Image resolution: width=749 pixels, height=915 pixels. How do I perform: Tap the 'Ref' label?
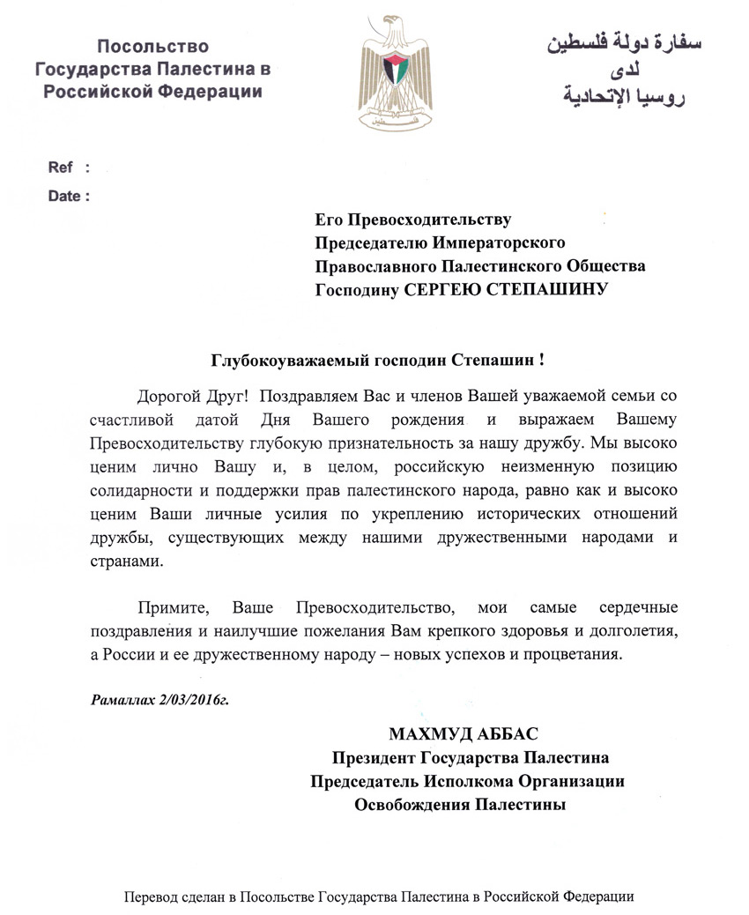click(62, 167)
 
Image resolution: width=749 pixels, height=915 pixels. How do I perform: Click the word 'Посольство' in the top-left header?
click(152, 47)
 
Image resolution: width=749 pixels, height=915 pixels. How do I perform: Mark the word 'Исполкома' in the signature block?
click(453, 781)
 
